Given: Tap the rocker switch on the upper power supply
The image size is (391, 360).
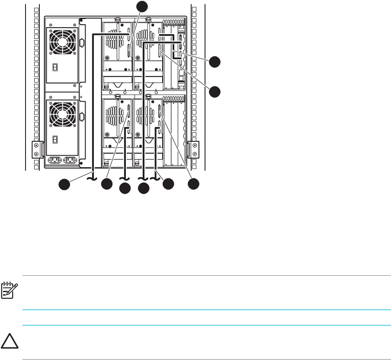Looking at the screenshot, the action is point(55,67).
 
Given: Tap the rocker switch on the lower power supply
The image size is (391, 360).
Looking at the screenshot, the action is point(55,140).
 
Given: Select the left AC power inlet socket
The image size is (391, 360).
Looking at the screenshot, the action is point(54,161).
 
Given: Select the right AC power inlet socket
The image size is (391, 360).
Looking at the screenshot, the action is point(70,161).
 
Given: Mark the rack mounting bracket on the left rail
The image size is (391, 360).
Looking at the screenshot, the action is point(38,149).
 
